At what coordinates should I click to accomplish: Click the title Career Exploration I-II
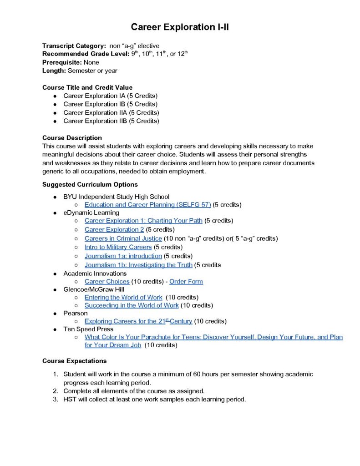coord(180,27)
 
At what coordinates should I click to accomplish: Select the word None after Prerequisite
coord(91,62)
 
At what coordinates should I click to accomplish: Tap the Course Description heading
coord(72,137)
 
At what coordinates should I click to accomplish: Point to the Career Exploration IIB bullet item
coord(111,121)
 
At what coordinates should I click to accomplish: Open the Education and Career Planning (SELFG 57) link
coord(147,205)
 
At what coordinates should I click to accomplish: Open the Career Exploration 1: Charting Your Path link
coord(143,221)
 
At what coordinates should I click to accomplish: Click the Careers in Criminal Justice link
coord(123,238)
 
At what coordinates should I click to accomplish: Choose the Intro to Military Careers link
coord(118,247)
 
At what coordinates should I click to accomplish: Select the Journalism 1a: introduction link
coord(123,256)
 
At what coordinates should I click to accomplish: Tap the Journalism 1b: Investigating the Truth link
coord(138,265)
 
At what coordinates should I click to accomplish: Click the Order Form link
coord(186,281)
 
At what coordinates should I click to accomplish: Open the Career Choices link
coord(107,281)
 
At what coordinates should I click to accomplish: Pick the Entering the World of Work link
coord(123,297)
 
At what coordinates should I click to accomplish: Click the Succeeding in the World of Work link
coord(132,305)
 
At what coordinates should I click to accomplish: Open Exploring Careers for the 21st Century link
coord(138,321)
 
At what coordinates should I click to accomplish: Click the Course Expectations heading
coord(75,361)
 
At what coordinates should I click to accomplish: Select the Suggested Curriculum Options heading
coord(90,185)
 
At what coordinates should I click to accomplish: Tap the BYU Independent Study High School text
coord(116,197)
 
